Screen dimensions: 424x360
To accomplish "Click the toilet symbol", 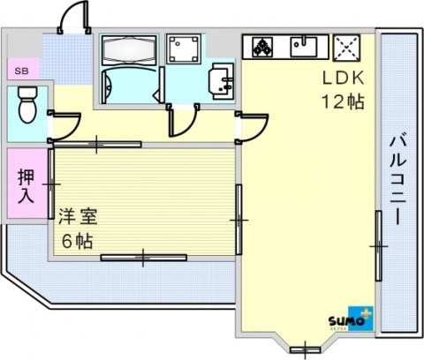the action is point(28,104).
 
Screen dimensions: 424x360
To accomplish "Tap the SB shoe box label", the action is point(21,71).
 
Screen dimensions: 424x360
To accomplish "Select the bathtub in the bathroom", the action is point(129,50).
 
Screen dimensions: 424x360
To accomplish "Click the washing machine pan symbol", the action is point(184,49).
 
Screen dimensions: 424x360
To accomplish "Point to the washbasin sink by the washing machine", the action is point(222,80).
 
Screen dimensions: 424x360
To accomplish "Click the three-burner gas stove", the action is point(262,47).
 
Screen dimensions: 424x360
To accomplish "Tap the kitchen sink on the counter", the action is point(304,46).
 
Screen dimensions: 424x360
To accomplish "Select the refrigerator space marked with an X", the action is point(346,48).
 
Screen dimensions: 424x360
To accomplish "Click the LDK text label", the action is point(344,79).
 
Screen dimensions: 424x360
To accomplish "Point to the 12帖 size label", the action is point(343,101).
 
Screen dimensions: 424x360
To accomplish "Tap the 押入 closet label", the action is point(26,185).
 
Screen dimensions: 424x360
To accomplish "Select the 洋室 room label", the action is point(78,216).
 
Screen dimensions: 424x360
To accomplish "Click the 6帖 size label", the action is point(77,241).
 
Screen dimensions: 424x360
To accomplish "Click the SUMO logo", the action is point(351,319).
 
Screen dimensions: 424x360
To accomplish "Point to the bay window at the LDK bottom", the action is point(305,349).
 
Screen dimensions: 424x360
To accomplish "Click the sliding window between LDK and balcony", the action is point(379,246).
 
